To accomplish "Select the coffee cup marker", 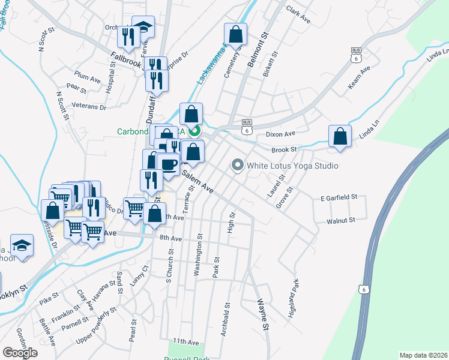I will pyautogui.click(x=169, y=164).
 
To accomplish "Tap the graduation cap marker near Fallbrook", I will pyautogui.click(x=143, y=26).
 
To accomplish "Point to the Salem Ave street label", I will pyautogui.click(x=198, y=181).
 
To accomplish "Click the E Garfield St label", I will pyautogui.click(x=339, y=197).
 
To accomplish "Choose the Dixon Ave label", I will pyautogui.click(x=282, y=134).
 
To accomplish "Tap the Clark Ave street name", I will pyautogui.click(x=298, y=15).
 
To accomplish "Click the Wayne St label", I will pyautogui.click(x=262, y=314).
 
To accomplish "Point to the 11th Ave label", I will pyautogui.click(x=186, y=341).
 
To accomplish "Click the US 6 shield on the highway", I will pyautogui.click(x=363, y=289).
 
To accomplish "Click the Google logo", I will pyautogui.click(x=20, y=352).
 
